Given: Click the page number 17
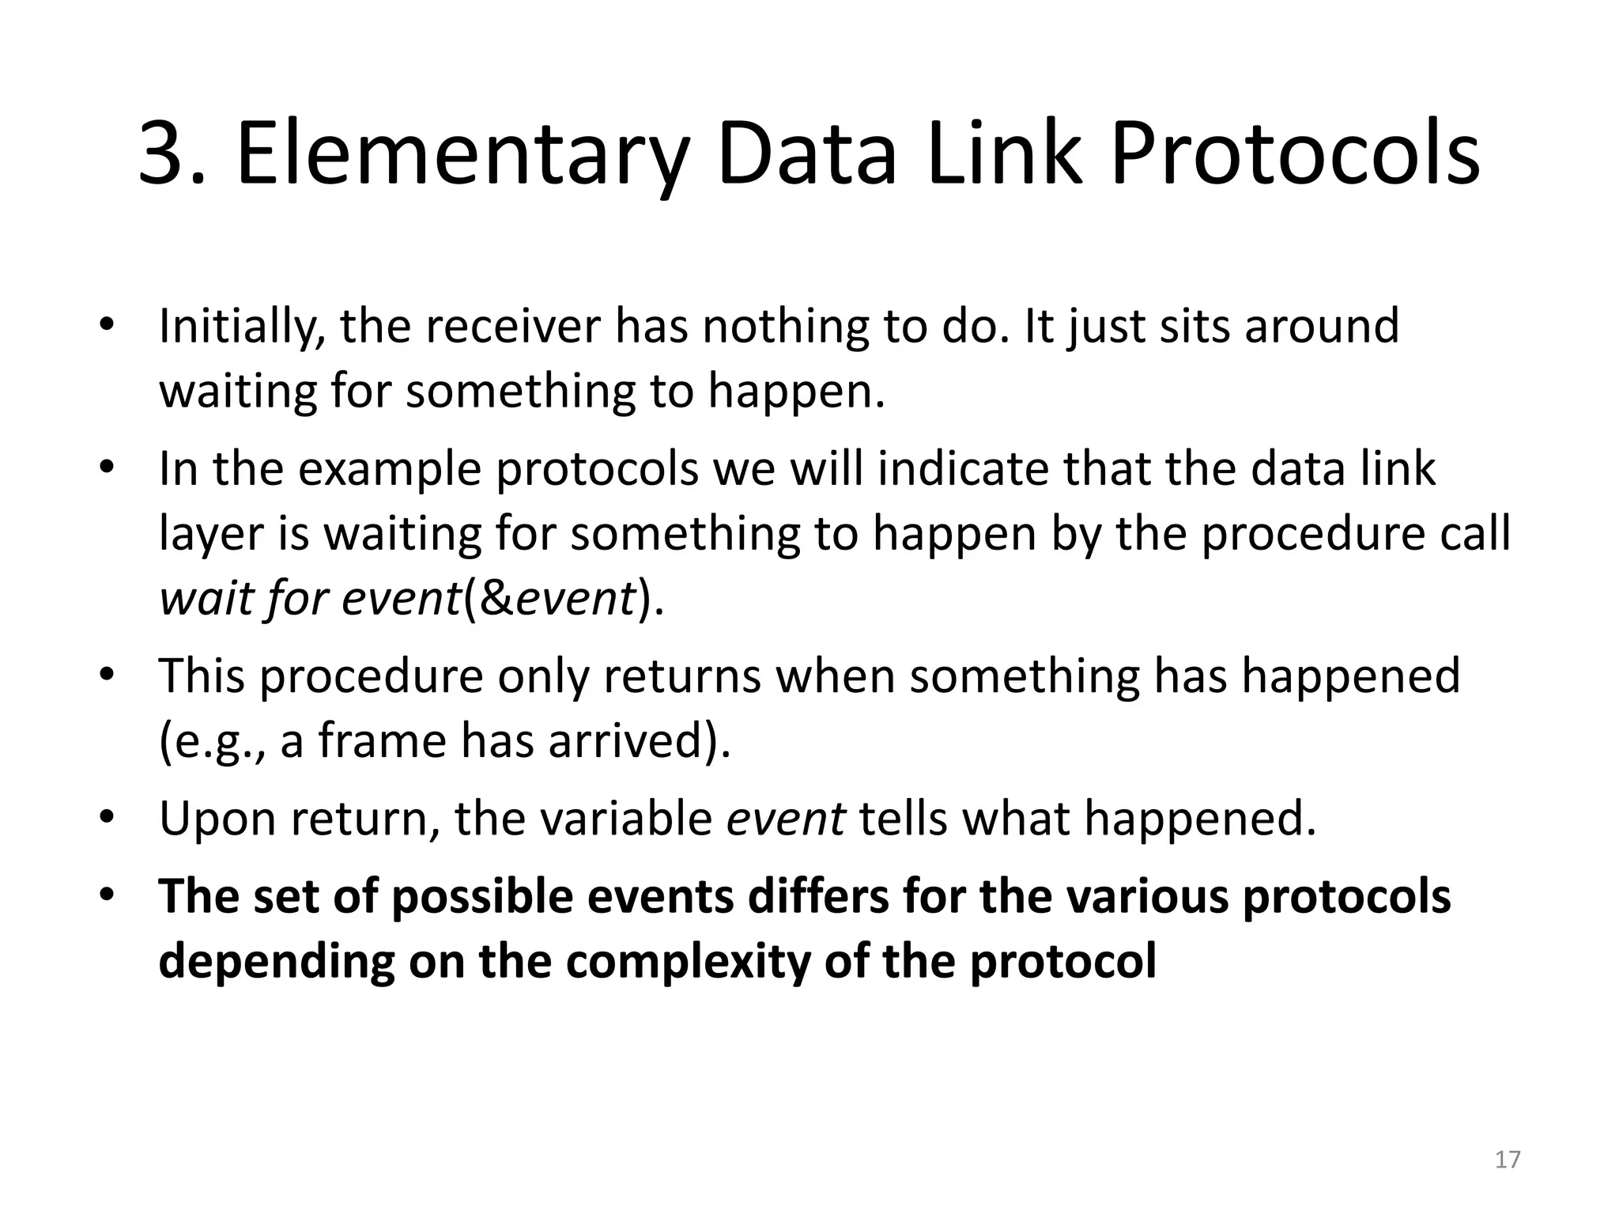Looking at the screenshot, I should pos(1508,1160).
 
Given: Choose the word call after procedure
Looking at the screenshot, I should pos(1474,533).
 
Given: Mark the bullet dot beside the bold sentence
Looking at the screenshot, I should pos(108,895).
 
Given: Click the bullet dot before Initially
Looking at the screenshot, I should pos(108,326).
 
